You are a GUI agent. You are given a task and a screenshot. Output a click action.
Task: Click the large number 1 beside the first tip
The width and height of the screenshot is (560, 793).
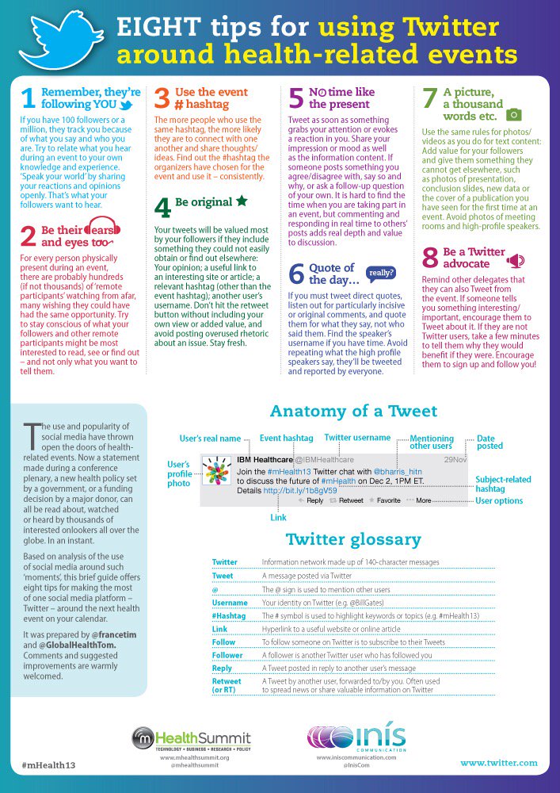tap(28, 98)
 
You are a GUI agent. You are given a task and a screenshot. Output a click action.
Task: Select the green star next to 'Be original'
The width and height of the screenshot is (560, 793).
tap(242, 201)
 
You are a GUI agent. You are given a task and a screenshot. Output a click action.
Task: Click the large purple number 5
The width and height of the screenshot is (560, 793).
tap(296, 98)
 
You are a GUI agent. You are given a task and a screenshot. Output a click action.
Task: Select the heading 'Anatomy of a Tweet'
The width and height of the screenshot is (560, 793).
tap(353, 411)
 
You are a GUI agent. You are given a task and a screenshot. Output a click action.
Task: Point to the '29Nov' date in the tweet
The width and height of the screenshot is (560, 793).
tap(455, 459)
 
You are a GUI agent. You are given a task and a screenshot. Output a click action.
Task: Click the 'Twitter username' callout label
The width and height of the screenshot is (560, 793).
tap(357, 437)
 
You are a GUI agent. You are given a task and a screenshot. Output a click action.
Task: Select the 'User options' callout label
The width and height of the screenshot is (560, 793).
tap(498, 501)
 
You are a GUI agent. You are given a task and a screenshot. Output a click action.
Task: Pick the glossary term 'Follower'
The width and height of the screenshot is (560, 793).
tap(227, 656)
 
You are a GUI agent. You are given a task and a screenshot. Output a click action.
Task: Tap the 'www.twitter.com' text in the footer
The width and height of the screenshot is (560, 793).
tap(499, 763)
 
